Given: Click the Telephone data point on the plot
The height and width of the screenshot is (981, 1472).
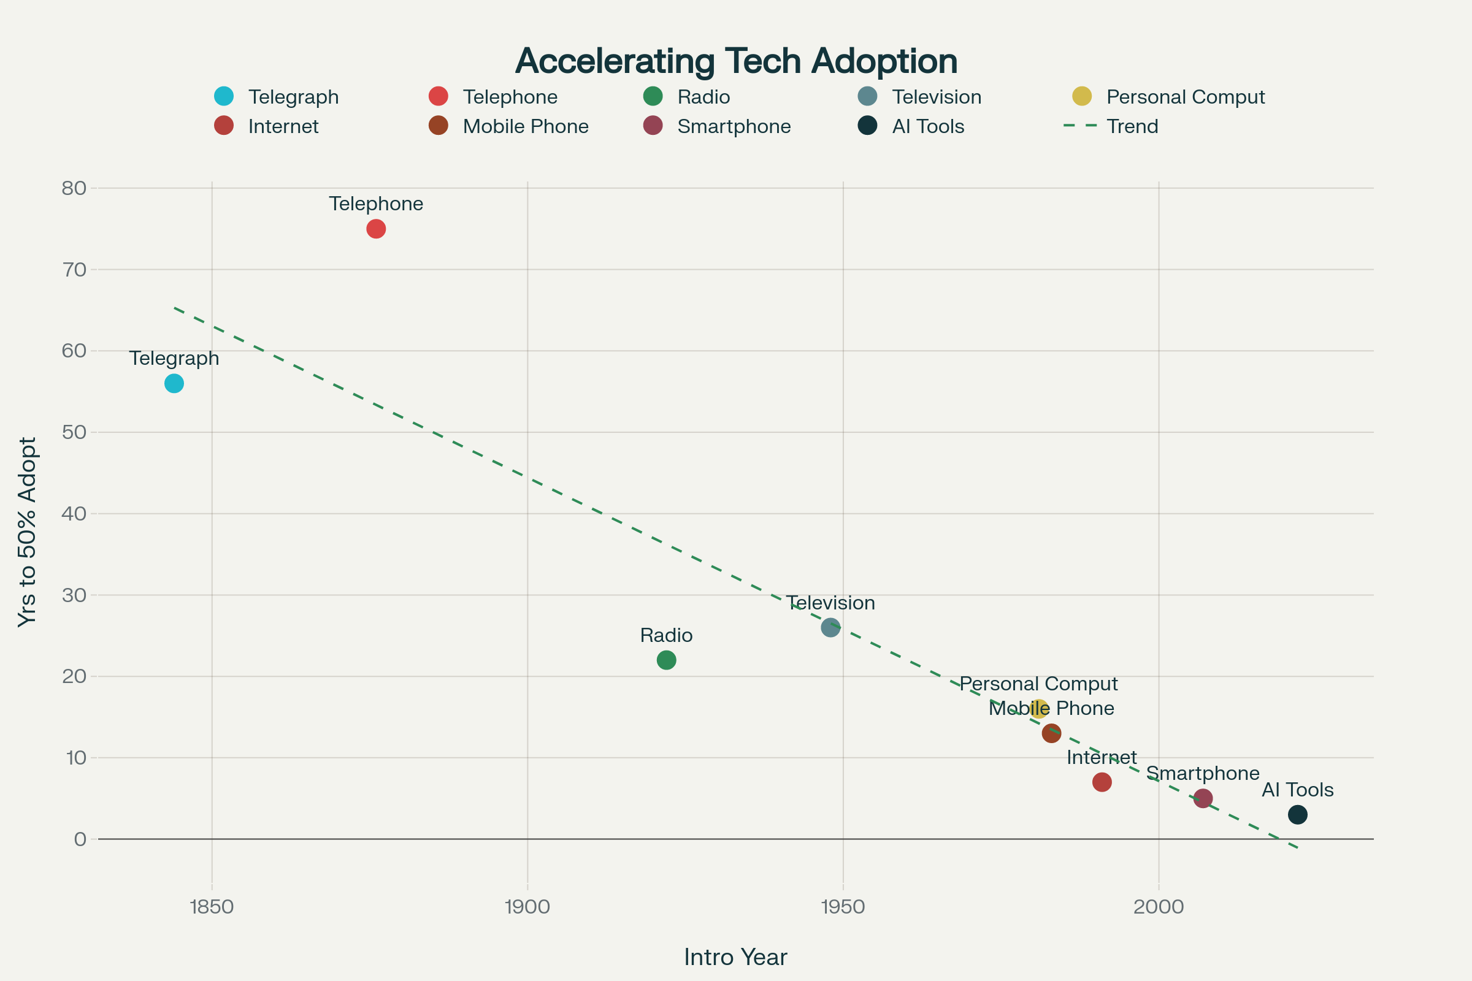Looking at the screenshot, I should pos(375,229).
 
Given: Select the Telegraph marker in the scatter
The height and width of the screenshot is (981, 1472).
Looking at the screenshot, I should pos(174,384).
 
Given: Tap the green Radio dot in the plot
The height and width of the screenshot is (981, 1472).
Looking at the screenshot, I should pos(667,660).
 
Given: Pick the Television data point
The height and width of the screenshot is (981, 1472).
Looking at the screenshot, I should pos(830,627).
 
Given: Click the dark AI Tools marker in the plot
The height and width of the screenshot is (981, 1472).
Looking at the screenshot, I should pos(1297,815).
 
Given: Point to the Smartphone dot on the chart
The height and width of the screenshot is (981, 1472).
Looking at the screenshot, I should pos(1203,798).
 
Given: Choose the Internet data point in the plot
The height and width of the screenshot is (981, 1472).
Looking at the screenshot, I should pos(1102,782).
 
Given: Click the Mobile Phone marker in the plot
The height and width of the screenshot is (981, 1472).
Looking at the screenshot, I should pos(1051,733).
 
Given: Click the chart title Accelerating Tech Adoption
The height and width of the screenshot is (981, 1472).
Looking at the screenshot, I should pos(736,61).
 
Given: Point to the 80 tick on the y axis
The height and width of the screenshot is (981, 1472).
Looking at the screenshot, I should pos(74,188).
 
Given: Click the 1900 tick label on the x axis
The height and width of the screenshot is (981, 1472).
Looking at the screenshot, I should pos(527,907).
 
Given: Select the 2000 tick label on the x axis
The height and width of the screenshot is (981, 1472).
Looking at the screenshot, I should pos(1159,907).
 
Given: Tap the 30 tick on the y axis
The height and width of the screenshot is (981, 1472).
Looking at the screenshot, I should pos(74,595).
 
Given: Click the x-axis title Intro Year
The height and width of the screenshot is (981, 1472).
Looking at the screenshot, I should pos(735,957).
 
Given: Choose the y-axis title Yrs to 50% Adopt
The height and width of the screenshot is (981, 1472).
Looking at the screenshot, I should pos(28,532).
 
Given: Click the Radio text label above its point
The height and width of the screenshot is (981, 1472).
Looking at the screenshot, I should pos(666,636).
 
